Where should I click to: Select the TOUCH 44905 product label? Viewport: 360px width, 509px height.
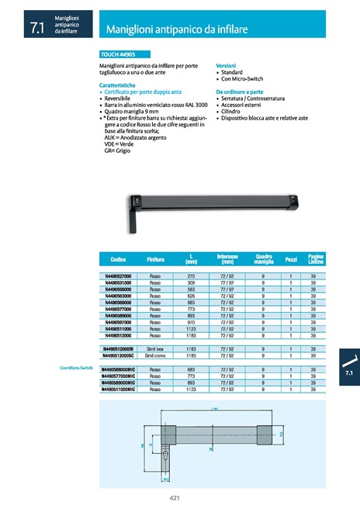click(118, 55)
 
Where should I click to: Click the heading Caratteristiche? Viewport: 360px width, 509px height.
click(119, 85)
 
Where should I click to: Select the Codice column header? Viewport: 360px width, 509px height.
click(119, 258)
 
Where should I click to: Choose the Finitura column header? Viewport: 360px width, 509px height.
click(155, 258)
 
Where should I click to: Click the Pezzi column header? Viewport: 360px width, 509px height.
click(291, 258)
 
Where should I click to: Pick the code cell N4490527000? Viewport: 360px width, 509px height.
click(119, 276)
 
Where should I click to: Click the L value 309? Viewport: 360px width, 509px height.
click(190, 282)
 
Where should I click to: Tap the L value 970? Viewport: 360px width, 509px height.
click(190, 322)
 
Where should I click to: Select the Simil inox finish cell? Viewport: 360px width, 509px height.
click(155, 348)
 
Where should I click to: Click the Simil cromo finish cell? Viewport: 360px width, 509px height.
click(155, 355)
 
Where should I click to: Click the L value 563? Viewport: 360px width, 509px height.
click(190, 289)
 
